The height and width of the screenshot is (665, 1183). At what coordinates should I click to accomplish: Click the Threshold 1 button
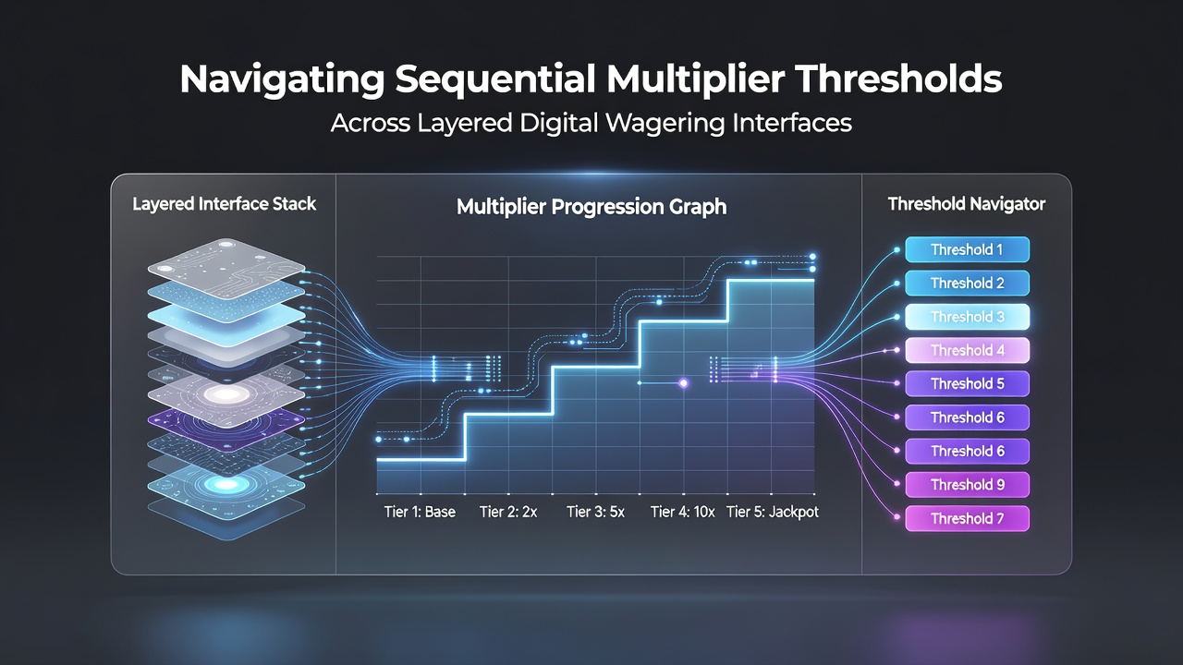(967, 249)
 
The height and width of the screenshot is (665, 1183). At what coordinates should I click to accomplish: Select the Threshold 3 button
(967, 317)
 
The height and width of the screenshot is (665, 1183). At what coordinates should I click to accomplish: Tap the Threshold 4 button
(967, 350)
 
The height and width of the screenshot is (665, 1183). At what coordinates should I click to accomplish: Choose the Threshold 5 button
(967, 383)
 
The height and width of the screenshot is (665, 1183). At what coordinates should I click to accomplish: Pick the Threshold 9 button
(967, 485)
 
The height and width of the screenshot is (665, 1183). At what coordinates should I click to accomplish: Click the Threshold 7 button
(967, 518)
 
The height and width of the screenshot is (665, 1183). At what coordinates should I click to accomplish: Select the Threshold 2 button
(967, 284)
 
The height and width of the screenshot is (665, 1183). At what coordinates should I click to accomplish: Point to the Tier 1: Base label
(420, 512)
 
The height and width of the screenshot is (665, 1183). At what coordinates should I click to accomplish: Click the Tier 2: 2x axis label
(508, 512)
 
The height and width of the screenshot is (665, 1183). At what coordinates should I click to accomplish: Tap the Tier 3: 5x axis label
(595, 512)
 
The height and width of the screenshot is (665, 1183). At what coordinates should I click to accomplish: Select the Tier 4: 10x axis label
(682, 512)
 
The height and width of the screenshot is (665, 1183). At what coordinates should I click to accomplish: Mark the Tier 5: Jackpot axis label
(772, 512)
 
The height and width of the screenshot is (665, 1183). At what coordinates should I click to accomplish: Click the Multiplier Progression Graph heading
(591, 207)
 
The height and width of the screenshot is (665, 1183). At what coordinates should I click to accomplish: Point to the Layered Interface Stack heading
(224, 204)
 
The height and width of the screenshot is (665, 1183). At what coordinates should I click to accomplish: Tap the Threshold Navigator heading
(967, 204)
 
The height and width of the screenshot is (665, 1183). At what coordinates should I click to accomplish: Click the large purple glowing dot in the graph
(683, 383)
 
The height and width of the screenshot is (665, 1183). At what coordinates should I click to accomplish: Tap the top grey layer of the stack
(226, 268)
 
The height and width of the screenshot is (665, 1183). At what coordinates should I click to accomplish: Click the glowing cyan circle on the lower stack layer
(226, 485)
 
